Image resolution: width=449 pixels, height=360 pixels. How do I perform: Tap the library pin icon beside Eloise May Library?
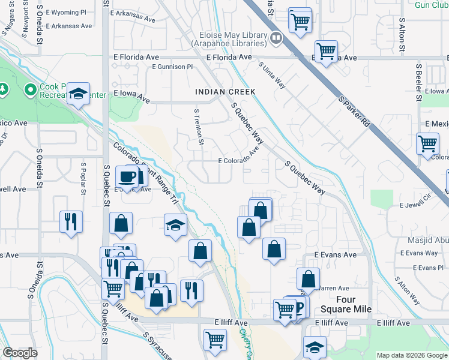(276, 38)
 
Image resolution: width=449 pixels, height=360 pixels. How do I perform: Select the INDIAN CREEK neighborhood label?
(225, 92)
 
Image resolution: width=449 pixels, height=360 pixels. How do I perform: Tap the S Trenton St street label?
(199, 128)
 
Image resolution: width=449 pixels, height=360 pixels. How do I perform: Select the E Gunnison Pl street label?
(172, 67)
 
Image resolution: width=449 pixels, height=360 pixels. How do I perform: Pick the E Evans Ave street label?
(336, 255)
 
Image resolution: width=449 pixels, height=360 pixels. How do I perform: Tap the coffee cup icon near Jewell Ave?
(127, 176)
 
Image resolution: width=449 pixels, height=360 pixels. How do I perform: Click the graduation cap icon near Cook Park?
(78, 94)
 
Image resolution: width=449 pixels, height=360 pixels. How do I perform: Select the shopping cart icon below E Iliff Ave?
(215, 339)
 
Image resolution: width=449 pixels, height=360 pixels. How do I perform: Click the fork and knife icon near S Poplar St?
(71, 221)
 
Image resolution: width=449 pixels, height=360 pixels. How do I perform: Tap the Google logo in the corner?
(20, 353)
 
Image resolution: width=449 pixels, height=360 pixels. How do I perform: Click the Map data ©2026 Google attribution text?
(412, 355)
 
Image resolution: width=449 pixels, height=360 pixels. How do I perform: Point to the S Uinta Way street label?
(272, 76)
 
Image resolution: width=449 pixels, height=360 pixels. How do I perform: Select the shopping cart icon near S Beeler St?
(427, 144)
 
